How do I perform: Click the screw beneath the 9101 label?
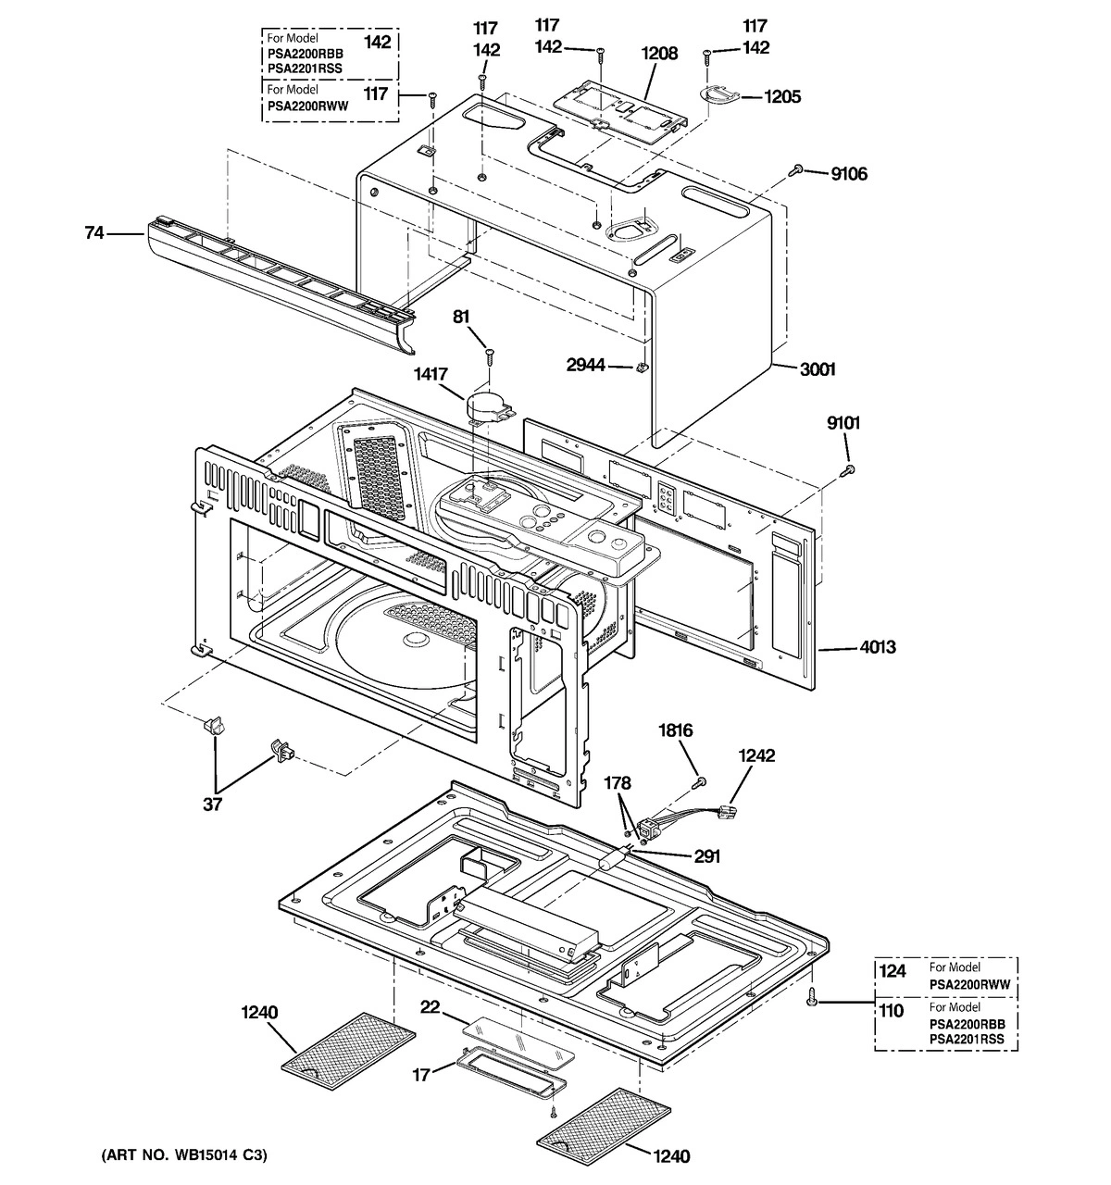click(847, 470)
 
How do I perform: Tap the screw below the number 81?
click(489, 353)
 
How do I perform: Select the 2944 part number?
click(587, 366)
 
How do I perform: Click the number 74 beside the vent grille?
click(94, 234)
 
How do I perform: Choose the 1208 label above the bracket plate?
click(659, 54)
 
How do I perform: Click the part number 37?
click(213, 805)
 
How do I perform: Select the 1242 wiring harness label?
click(756, 756)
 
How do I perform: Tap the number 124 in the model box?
click(891, 970)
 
